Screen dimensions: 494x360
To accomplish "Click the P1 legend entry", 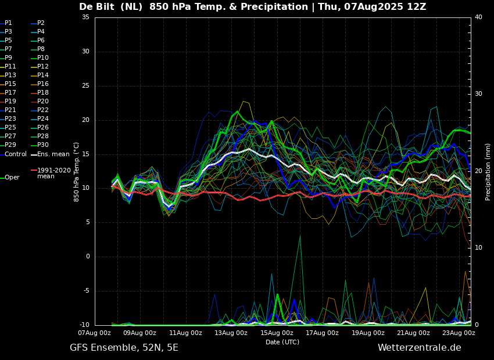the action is tap(6, 23).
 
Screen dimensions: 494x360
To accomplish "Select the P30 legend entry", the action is tap(40, 145).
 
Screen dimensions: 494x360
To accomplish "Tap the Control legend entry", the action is tap(13, 154).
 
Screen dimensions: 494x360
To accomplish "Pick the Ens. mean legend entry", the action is tap(50, 154).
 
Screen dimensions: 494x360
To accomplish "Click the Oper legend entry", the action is tap(10, 178).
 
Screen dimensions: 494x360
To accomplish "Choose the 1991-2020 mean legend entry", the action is tap(51, 173).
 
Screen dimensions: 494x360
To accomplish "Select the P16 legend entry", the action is tap(40, 84).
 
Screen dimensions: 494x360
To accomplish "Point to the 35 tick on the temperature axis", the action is tap(85, 17).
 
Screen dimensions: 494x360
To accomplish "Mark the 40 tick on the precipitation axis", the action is tap(478, 17).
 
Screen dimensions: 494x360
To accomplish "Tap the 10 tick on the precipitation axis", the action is tap(478, 248).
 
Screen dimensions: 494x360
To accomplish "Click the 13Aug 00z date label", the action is tap(231, 333).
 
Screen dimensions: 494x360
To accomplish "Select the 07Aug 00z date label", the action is tap(95, 333).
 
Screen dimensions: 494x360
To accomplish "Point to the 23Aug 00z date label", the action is tap(459, 333).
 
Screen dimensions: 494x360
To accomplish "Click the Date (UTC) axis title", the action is tap(282, 342).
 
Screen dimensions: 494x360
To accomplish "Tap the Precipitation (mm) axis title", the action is tap(488, 172).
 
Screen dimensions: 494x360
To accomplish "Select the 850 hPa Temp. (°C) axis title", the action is tap(76, 172).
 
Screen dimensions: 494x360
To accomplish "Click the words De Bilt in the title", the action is tap(96, 6).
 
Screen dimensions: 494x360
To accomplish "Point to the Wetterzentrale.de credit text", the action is tap(420, 348).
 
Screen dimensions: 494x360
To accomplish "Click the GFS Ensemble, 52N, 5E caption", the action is tap(124, 348).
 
